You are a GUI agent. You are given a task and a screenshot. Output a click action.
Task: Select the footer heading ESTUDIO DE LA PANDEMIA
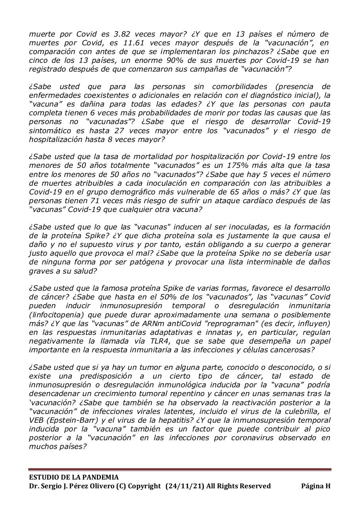pos(74,477)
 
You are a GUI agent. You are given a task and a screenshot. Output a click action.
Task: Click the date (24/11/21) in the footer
pos(185,486)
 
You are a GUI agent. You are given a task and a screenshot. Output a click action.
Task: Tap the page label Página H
pos(315,486)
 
